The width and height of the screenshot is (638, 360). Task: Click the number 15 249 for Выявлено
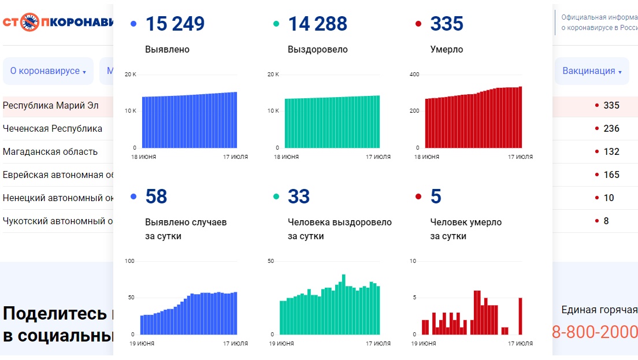175,24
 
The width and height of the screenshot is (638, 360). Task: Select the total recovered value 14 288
317,24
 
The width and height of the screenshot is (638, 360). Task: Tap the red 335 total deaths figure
447,24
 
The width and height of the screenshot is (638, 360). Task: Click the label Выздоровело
317,50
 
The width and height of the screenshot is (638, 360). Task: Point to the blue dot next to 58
134,197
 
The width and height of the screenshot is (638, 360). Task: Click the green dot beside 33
276,197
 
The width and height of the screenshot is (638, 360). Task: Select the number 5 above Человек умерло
436,197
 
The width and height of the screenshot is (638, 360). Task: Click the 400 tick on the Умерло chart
414,75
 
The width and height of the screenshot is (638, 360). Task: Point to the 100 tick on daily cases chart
129,261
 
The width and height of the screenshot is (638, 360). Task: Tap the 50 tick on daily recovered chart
270,261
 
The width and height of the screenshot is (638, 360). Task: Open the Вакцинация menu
592,71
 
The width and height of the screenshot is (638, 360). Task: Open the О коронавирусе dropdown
48,71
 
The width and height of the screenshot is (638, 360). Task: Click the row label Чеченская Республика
53,128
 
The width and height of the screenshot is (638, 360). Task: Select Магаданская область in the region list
50,151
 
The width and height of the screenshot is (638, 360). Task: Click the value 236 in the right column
611,128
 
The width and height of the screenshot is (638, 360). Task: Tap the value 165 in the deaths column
611,175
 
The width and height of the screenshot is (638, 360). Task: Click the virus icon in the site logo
30,23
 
